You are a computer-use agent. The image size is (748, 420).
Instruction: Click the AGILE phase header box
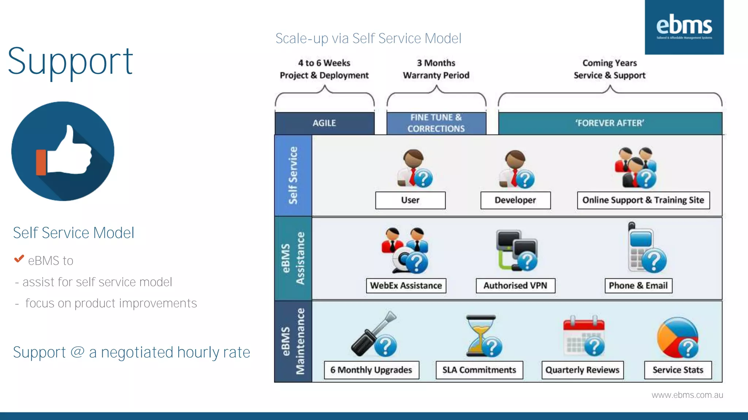[x=324, y=123]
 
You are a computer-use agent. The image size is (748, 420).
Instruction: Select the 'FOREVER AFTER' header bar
[x=610, y=123]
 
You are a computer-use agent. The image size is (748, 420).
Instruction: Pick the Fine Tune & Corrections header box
[x=436, y=123]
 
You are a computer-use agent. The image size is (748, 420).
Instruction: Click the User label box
[x=410, y=200]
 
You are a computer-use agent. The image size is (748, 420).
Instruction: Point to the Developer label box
[x=515, y=200]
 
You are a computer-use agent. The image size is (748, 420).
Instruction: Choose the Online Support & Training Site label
[x=643, y=200]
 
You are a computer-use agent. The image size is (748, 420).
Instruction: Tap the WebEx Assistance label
[x=406, y=285]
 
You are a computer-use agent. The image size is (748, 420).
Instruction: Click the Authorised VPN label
[x=515, y=285]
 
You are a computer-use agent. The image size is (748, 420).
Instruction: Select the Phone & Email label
[x=638, y=285]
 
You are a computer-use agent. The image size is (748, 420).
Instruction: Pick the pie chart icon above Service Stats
[x=678, y=338]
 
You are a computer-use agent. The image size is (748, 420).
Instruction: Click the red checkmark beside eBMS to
[x=19, y=259]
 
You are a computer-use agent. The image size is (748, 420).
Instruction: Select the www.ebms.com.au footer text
[x=687, y=395]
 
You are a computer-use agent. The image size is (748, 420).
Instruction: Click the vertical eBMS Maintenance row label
[x=293, y=341]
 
